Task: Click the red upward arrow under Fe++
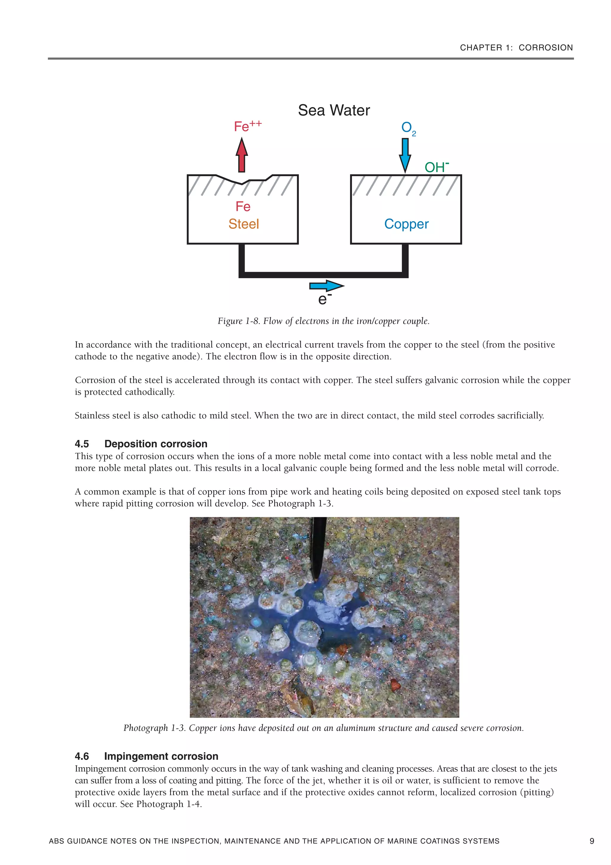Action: (242, 155)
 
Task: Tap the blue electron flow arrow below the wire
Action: (326, 286)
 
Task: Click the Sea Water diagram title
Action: (334, 110)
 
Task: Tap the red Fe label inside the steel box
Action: (243, 206)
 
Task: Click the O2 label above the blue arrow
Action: (408, 128)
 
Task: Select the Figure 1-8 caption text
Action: (323, 321)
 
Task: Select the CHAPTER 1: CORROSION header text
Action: (516, 47)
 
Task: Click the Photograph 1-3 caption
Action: (323, 728)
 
